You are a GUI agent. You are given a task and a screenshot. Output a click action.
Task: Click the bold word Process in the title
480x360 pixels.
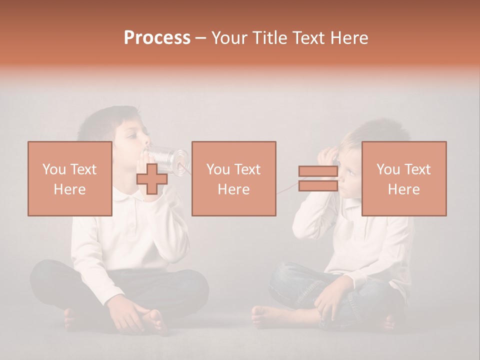click(157, 37)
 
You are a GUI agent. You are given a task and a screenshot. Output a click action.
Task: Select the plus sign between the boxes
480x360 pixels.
click(151, 178)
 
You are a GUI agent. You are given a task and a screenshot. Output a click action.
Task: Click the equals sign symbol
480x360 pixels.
click(318, 178)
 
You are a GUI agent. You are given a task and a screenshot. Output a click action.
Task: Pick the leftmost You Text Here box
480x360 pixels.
click(69, 178)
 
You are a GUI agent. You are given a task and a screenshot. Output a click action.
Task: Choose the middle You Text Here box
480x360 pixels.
click(233, 178)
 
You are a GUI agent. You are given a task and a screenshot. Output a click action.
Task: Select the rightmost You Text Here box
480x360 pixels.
click(403, 178)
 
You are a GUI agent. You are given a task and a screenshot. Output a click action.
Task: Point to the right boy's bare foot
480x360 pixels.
click(265, 315)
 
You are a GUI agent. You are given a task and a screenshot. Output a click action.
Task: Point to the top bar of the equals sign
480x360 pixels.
click(318, 172)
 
